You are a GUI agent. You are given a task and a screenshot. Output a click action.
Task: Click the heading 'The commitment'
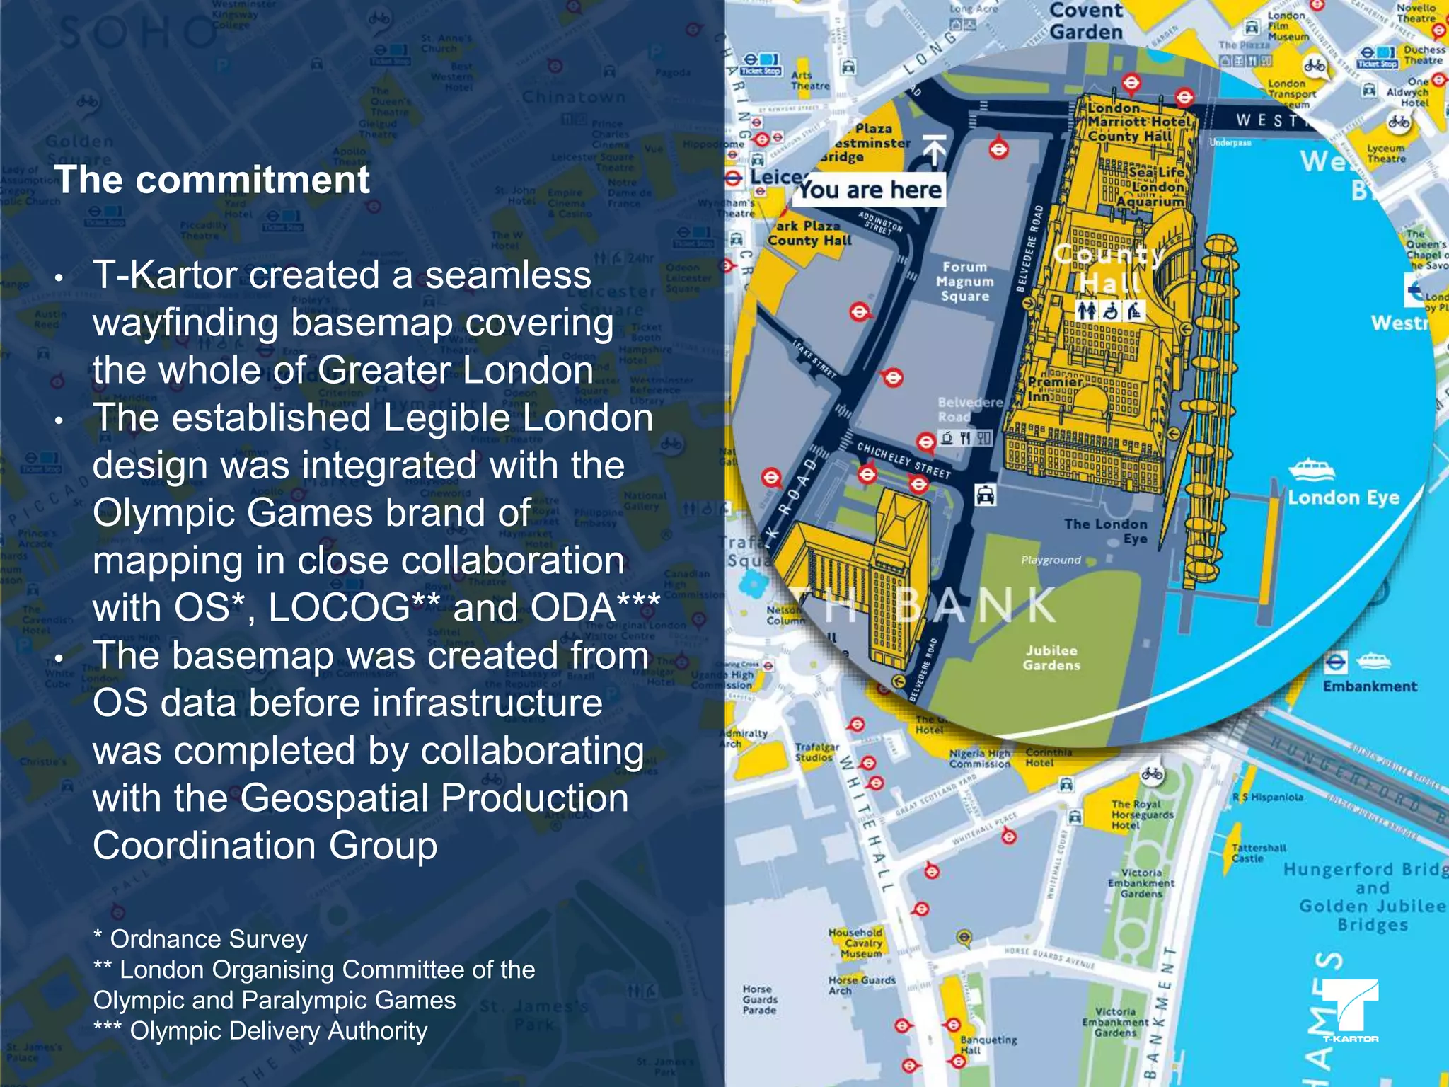[x=212, y=180]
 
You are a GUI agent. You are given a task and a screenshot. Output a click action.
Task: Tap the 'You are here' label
[x=870, y=190]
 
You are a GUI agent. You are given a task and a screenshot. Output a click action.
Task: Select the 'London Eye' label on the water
[x=1343, y=498]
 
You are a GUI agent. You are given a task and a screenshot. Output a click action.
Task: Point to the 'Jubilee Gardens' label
[x=1051, y=657]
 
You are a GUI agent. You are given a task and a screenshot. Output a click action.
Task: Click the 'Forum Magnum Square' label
[x=964, y=282]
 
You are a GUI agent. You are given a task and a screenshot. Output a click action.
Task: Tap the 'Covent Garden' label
[x=1086, y=21]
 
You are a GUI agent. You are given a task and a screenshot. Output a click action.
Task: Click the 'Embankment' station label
[x=1370, y=686]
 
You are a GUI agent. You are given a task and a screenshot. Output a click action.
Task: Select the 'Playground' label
[x=1051, y=560]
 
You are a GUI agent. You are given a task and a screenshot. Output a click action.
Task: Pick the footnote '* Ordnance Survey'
[x=201, y=939]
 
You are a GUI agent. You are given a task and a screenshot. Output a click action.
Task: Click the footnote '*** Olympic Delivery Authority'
[x=260, y=1031]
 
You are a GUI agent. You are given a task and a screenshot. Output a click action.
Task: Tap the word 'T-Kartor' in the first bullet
[x=165, y=275]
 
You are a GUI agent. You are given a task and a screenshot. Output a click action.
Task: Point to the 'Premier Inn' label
[x=1050, y=389]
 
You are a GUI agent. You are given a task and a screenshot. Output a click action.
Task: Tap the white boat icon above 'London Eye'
[x=1311, y=469]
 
